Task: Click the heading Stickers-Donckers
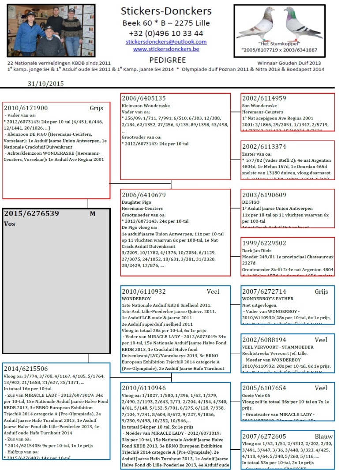pos(166,11)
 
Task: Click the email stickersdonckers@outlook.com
pos(166,42)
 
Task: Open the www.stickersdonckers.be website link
pos(166,49)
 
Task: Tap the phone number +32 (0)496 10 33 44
pos(166,33)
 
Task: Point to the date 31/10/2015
pos(46,83)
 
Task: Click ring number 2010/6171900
pos(26,108)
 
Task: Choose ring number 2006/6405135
pos(144,98)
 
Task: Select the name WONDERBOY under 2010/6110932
pos(136,298)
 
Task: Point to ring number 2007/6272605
pos(264,436)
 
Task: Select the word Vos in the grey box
pos(10,224)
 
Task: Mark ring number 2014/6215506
pos(26,369)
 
